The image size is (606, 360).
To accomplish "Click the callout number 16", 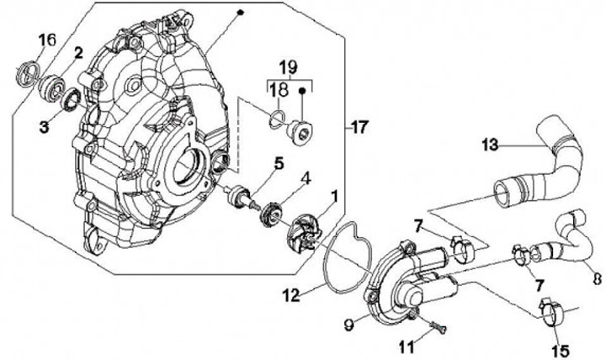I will pos(48,39).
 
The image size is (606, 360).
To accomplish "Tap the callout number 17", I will pos(359,128).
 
